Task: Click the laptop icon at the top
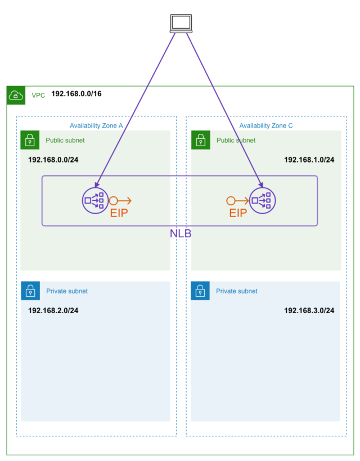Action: point(181,23)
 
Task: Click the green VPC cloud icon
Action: point(16,96)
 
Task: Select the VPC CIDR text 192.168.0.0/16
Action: point(76,94)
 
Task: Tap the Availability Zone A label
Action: point(96,125)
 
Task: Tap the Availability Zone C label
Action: point(265,125)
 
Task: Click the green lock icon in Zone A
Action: point(30,140)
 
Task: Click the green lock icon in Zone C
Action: point(200,140)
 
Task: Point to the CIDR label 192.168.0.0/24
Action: point(53,160)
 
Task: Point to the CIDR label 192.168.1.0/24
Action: point(309,160)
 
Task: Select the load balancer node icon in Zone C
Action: point(263,200)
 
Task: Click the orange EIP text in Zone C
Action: point(238,214)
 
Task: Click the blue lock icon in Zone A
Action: point(30,291)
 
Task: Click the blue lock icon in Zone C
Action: point(200,291)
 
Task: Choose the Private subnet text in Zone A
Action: point(67,291)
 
